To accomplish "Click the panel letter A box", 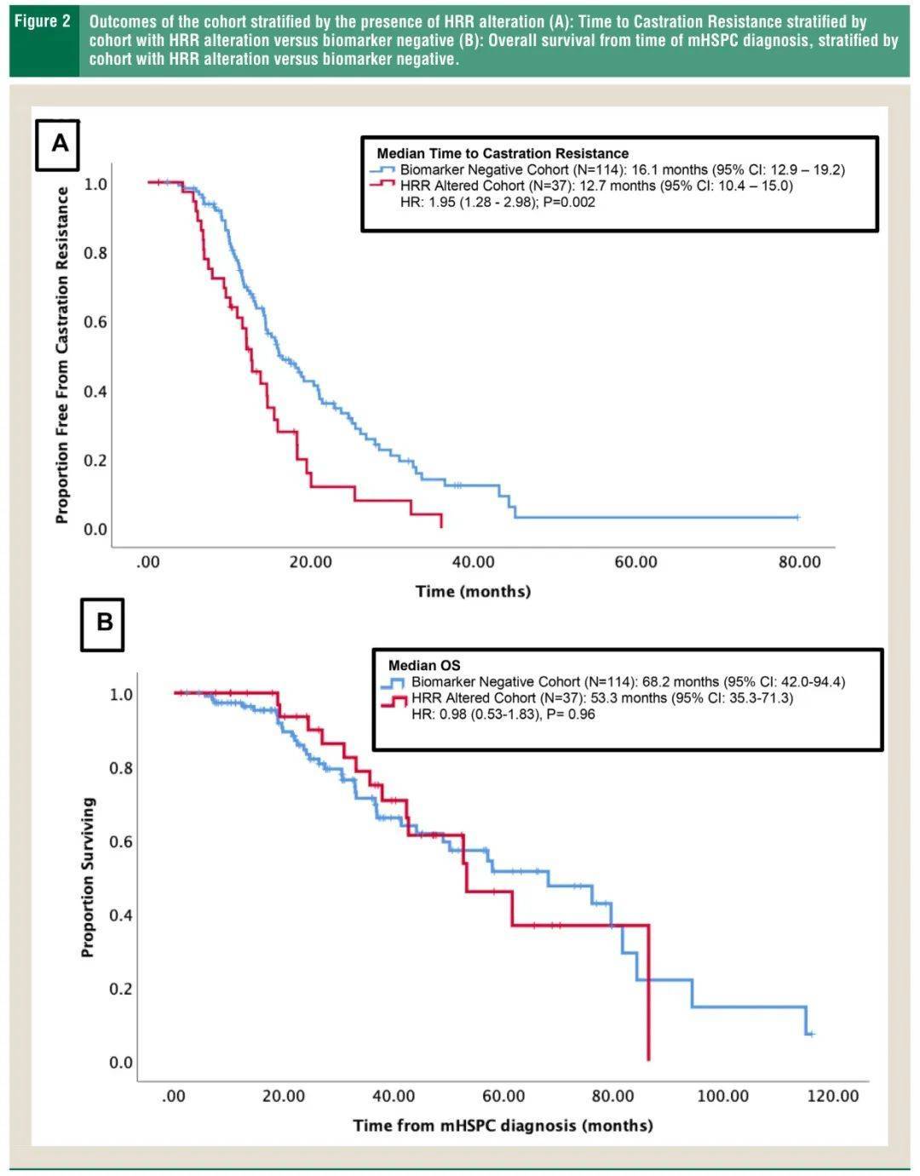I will [58, 143].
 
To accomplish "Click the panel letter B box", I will [102, 622].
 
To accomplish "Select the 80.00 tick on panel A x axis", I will [799, 562].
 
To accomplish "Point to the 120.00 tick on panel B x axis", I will [832, 1096].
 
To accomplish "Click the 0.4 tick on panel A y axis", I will [95, 392].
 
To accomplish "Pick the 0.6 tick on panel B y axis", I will [121, 841].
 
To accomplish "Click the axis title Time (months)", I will [473, 591].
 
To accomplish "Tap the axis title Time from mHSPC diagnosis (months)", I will [503, 1125].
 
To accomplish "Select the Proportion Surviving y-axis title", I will [89, 877].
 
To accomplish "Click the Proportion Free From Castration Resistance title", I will [62, 355].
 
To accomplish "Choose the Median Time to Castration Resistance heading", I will [503, 153].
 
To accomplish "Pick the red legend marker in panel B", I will [394, 699].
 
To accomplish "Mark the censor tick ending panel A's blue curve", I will [796, 517].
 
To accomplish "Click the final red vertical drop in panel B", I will [649, 992].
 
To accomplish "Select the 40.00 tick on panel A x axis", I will [473, 562].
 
